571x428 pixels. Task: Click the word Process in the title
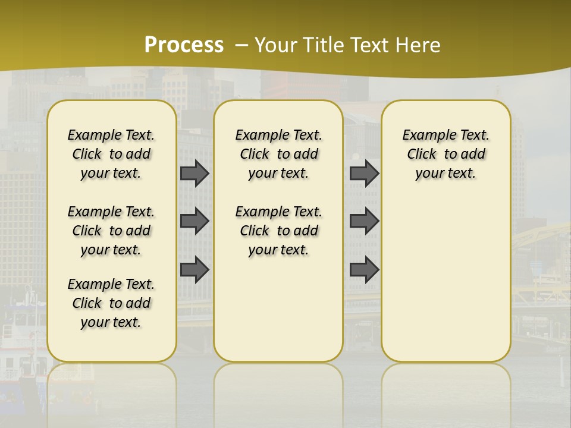tap(184, 45)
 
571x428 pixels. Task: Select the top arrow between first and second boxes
tap(194, 174)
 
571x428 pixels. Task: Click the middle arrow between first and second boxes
tap(194, 221)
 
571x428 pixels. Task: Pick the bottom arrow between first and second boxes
tap(194, 269)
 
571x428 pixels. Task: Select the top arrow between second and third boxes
tap(364, 174)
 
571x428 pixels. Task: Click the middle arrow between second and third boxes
tap(364, 221)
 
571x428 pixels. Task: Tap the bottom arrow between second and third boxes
tap(364, 269)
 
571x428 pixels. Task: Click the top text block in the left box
tap(111, 154)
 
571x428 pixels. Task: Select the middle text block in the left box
tap(111, 231)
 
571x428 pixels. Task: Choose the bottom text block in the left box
tap(111, 303)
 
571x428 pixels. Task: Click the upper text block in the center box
tap(278, 154)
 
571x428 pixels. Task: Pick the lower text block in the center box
tap(278, 231)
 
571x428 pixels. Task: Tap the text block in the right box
tap(445, 154)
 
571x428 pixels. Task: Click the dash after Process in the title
tap(241, 46)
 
